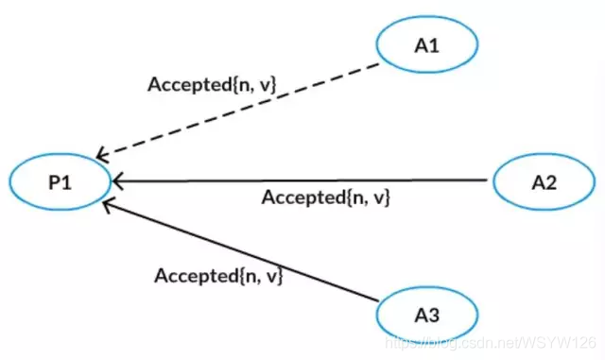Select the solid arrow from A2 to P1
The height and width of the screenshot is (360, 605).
coord(300,180)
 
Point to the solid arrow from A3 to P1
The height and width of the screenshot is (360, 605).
coord(240,249)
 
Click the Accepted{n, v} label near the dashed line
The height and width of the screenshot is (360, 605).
coord(212,84)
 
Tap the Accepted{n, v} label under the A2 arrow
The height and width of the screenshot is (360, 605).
coord(325,197)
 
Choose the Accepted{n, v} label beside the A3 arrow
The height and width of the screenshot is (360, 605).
coord(218,276)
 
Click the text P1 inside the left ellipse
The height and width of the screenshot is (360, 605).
coord(60,182)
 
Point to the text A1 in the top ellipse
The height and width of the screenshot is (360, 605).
coord(427,45)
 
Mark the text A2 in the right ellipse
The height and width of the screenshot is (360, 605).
coord(544,182)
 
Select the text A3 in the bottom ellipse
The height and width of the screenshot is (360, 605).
coord(427,316)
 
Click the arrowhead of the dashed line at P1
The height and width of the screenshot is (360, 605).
coord(101,154)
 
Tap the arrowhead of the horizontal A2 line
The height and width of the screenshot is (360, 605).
coord(117,180)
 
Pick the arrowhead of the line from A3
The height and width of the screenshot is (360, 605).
coord(108,204)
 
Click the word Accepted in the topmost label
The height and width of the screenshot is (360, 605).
coord(190,84)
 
